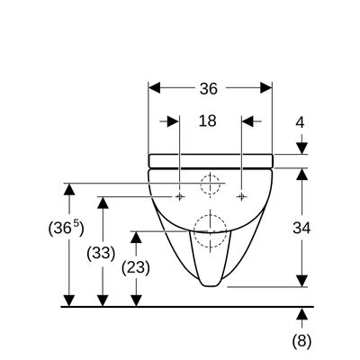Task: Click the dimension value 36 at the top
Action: pyautogui.click(x=209, y=89)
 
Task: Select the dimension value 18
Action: pyautogui.click(x=207, y=121)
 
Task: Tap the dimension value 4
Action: pyautogui.click(x=300, y=122)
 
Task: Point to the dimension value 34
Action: pyautogui.click(x=301, y=229)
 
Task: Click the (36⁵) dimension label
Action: pyautogui.click(x=66, y=228)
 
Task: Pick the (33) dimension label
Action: pyautogui.click(x=101, y=254)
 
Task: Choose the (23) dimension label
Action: pyautogui.click(x=136, y=267)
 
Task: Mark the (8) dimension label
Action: pyautogui.click(x=301, y=341)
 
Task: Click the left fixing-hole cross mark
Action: pyautogui.click(x=180, y=196)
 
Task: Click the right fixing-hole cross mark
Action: pyautogui.click(x=241, y=196)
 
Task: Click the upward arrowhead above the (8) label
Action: pyautogui.click(x=301, y=313)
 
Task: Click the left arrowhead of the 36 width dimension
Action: pyautogui.click(x=155, y=88)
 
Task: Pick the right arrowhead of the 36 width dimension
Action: pyautogui.click(x=266, y=88)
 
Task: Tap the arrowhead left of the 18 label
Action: pyautogui.click(x=173, y=121)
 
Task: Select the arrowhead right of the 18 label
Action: pyautogui.click(x=247, y=121)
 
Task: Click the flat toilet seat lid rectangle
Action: pyautogui.click(x=211, y=161)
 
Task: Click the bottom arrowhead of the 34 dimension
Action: pyautogui.click(x=301, y=281)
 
